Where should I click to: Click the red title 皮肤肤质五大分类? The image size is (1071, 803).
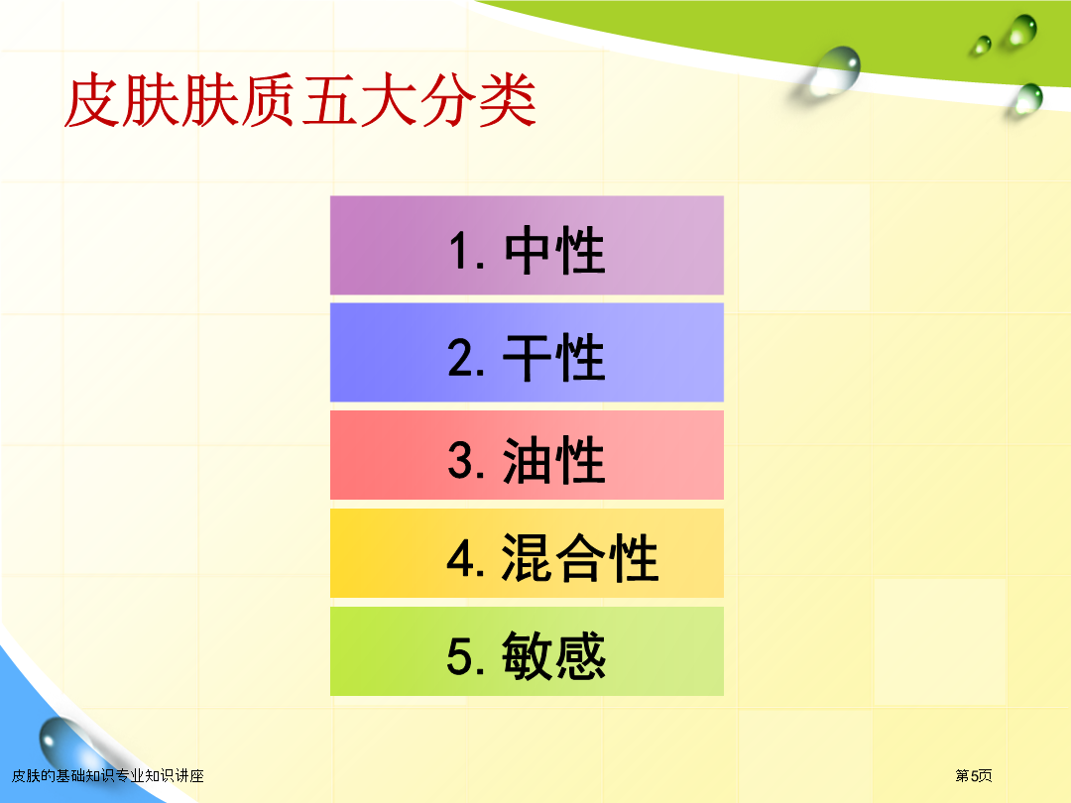pos(299,101)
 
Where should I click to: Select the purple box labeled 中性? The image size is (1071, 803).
pos(527,245)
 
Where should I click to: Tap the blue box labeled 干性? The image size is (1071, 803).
pos(527,352)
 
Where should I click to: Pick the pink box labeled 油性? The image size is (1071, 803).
pos(527,455)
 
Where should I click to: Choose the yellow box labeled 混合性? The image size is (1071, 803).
pos(527,553)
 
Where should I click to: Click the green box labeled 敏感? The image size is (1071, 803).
pos(527,651)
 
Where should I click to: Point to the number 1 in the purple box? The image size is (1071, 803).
pos(459,251)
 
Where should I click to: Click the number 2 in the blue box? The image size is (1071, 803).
pos(461,357)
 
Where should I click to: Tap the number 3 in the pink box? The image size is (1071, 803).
pos(461,460)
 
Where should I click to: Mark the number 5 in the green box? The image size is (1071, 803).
pos(460,656)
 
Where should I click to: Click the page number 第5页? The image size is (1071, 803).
pos(974,775)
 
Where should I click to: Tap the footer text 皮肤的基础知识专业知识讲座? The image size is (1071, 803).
pos(108,775)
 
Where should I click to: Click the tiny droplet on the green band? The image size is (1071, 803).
pos(982,45)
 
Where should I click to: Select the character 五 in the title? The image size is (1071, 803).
pos(329,101)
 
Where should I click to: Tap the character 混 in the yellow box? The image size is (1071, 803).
pos(528,558)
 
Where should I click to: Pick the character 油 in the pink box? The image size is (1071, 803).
pos(528,460)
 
